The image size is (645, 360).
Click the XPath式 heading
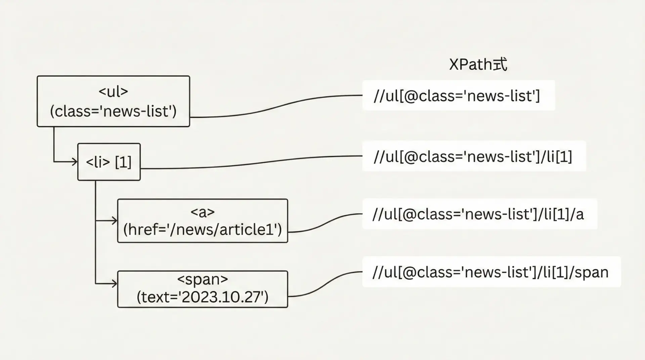coord(478,64)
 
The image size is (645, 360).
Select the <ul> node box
coord(113,101)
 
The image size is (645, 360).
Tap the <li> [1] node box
coord(109,162)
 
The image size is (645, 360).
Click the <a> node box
coord(202,221)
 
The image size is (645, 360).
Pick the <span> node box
coord(202,289)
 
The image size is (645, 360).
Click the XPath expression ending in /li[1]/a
coord(478,214)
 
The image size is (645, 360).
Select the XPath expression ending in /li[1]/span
coord(490,272)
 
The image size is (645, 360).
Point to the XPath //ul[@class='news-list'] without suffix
coord(457,96)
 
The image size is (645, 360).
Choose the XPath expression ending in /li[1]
coord(473,156)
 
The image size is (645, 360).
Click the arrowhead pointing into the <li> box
coord(75,162)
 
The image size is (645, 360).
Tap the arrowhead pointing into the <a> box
coord(115,221)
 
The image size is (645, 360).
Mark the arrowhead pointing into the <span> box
coord(115,284)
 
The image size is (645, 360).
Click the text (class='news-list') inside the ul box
coord(113,111)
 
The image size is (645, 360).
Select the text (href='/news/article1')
coord(202,230)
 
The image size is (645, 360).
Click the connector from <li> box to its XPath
coord(252,164)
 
